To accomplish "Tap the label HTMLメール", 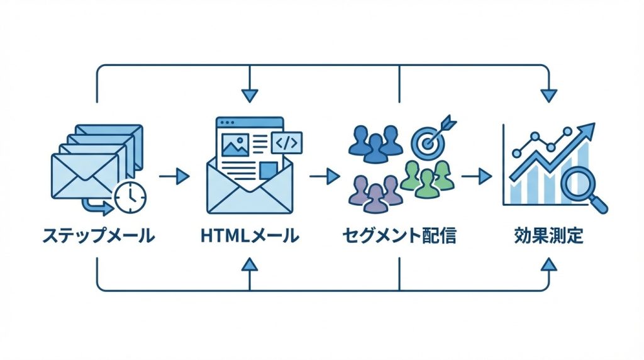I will click(250, 237).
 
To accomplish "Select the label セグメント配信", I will click(399, 237).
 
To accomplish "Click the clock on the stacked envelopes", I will click(130, 197).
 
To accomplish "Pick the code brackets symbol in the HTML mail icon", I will click(286, 143).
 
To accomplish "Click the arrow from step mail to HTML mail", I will click(174, 176).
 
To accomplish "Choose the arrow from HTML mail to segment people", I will click(325, 176).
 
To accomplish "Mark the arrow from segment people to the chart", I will click(476, 176).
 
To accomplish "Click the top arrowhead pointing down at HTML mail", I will click(250, 95).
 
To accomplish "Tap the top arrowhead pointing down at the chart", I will click(548, 95).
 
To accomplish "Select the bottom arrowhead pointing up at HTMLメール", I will click(250, 264).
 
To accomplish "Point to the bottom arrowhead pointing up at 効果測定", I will click(548, 264).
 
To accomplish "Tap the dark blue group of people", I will click(375, 142).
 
